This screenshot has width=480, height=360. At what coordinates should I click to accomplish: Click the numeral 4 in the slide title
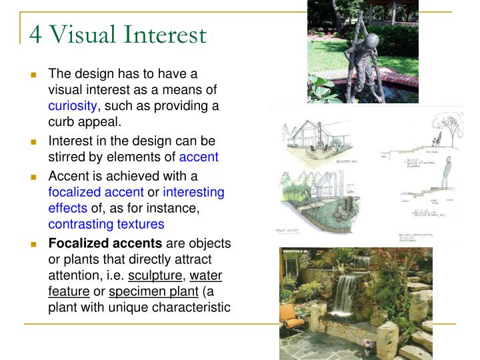click(x=35, y=34)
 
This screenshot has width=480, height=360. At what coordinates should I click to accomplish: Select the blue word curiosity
click(x=73, y=106)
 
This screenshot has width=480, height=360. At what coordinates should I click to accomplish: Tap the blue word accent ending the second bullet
click(x=199, y=158)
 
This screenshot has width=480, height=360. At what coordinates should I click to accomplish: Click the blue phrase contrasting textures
click(x=106, y=225)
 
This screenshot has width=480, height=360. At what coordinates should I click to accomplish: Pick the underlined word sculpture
click(x=155, y=275)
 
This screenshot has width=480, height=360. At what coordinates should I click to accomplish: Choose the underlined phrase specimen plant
click(x=153, y=291)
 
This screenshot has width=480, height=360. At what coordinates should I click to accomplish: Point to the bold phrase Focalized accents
click(x=105, y=243)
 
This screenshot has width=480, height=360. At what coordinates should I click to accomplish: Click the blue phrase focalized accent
click(x=96, y=193)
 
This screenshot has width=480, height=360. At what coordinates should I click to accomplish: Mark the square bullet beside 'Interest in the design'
click(x=33, y=142)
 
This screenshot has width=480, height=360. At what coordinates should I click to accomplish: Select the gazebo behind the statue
click(x=373, y=10)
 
